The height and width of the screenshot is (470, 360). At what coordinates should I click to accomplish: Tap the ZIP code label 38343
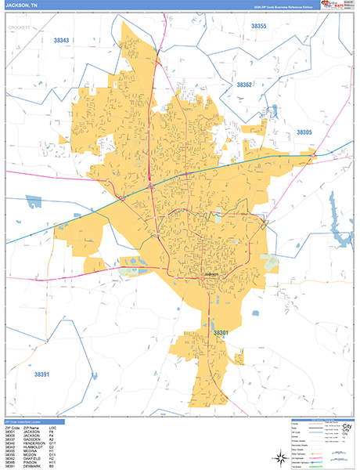pos(61,40)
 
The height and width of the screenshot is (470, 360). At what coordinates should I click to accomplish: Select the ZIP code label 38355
pos(258,27)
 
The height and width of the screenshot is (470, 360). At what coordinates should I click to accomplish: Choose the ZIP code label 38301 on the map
pos(221,333)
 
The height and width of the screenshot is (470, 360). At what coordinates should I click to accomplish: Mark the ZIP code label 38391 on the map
pos(41,375)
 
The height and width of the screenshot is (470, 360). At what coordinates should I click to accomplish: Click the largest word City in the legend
pos(346,427)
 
